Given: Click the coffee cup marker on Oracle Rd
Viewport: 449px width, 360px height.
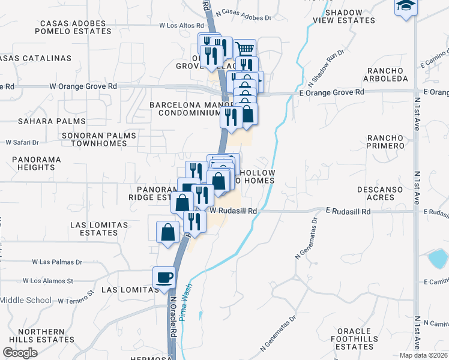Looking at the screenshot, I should click(164, 277).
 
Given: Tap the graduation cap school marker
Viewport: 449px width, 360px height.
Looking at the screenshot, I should click(405, 7).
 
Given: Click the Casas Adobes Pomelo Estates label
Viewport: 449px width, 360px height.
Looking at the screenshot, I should click(73, 27).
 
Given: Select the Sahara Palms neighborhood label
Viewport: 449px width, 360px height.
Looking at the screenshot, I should click(43, 121).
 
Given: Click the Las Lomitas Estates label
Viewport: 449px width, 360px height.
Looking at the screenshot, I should click(99, 229).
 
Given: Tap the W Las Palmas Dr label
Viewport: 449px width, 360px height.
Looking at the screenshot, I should click(57, 262).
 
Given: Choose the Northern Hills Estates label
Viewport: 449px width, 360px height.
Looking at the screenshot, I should click(41, 335).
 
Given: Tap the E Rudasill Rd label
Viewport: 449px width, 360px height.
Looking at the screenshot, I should click(349, 212).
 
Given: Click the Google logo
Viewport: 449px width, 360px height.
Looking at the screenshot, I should click(20, 353).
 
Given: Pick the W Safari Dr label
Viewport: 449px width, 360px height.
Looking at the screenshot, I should click(22, 143).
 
